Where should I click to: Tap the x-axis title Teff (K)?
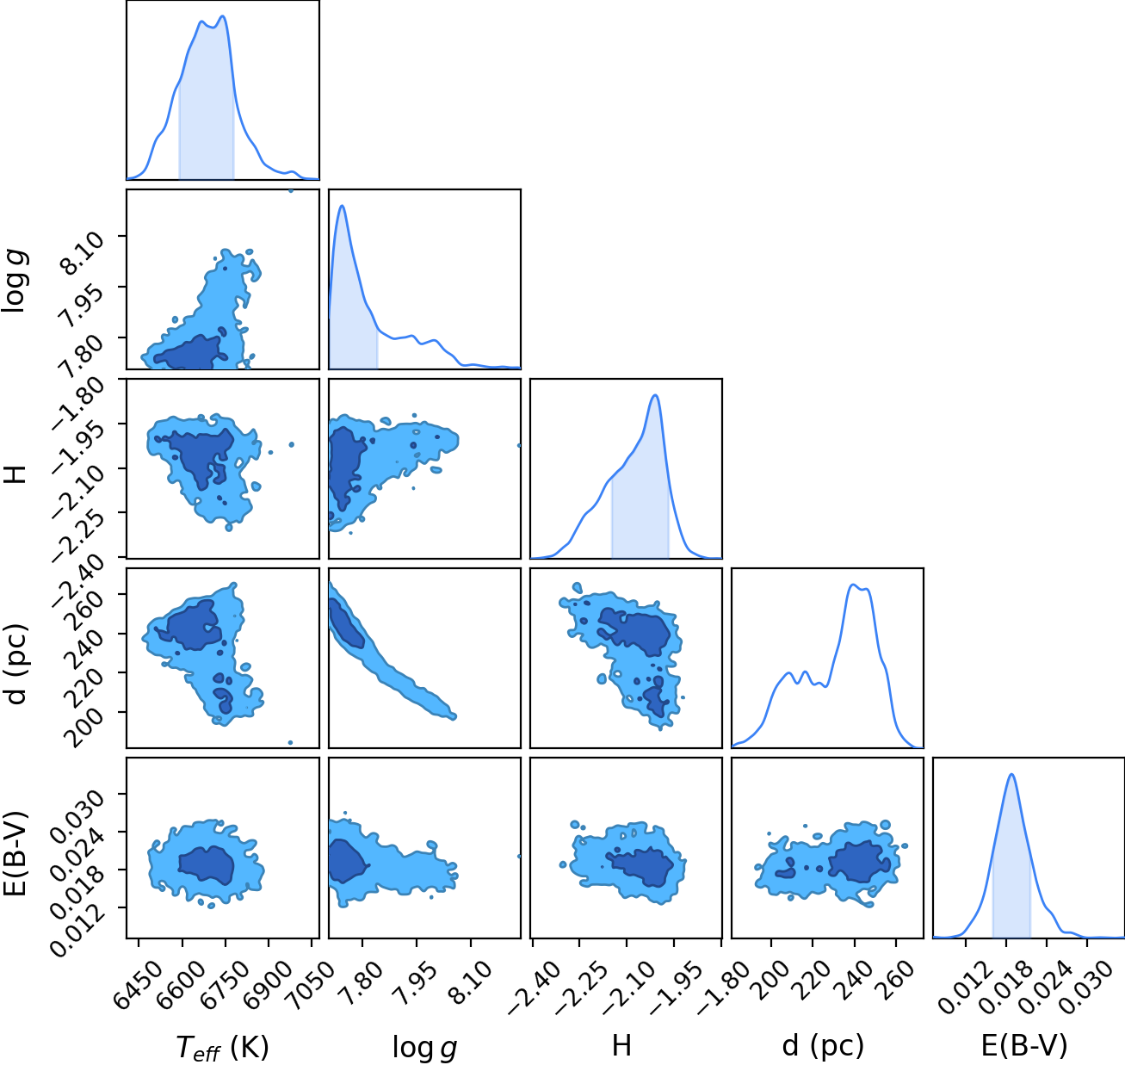222,1047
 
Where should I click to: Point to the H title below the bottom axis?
621,1045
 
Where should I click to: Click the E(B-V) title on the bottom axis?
1024,1046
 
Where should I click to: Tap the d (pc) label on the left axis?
16,664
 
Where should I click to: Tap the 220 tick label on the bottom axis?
813,977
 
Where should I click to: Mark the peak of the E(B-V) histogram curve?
1011,774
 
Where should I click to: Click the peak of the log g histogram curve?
343,206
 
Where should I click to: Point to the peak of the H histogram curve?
656,395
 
